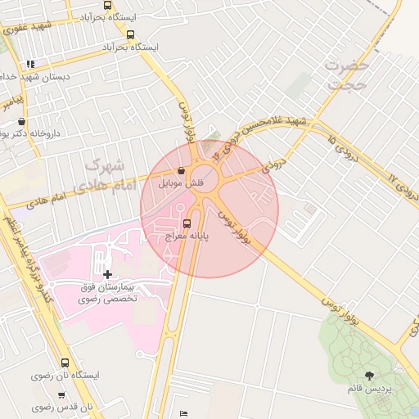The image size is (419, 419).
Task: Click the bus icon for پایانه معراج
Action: [x=187, y=223]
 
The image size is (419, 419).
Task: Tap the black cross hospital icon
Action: [x=108, y=273]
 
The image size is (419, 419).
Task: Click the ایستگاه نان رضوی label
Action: [x=65, y=376]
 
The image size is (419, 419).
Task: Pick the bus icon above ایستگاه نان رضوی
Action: [x=65, y=363]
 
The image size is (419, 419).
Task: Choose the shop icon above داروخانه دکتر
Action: [x=21, y=121]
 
